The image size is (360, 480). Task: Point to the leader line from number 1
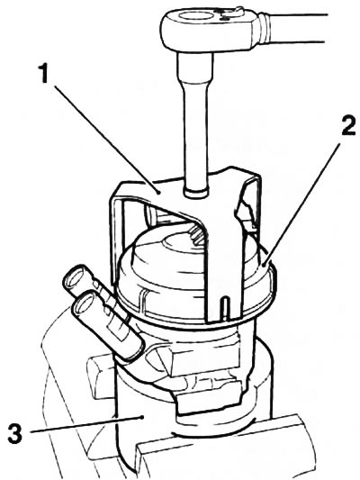106,139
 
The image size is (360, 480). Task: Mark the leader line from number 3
87,422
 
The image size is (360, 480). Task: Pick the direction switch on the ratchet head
230,13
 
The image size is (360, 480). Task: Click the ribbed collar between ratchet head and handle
265,28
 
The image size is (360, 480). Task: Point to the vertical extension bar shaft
194,122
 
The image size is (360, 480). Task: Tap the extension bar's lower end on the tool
195,192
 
